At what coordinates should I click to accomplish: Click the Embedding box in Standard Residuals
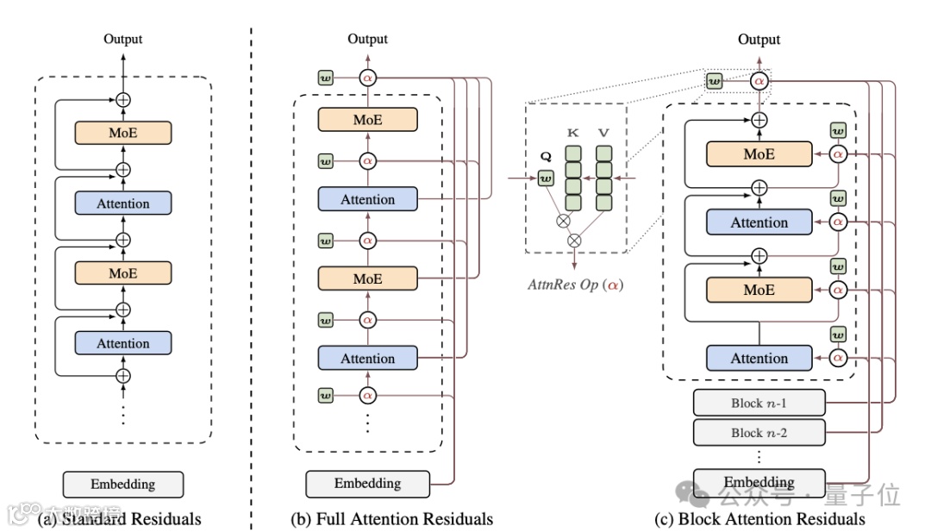[x=123, y=484]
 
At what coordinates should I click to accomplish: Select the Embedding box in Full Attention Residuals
[x=367, y=483]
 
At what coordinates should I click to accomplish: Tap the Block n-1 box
[x=759, y=404]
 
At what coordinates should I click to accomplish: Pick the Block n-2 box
[x=759, y=433]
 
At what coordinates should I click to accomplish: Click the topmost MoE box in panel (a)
[x=123, y=134]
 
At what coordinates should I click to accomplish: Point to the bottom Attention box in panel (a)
[x=123, y=343]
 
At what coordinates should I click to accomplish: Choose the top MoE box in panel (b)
[x=367, y=120]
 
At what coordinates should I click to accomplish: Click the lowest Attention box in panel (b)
[x=367, y=358]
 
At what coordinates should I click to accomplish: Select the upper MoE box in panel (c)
[x=759, y=153]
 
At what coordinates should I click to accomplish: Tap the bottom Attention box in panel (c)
[x=759, y=358]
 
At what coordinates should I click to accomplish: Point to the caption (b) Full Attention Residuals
[x=392, y=519]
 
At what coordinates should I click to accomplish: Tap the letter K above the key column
[x=572, y=134]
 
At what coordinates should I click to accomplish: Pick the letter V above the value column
[x=604, y=134]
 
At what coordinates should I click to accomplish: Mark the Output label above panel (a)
[x=123, y=39]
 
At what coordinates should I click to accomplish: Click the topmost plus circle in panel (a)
[x=123, y=99]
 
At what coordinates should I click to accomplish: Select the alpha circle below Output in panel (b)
[x=368, y=78]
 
